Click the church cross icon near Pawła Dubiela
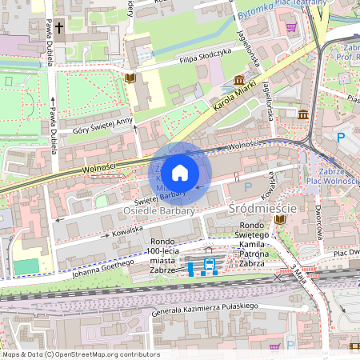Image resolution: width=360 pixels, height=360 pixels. pos(61,26)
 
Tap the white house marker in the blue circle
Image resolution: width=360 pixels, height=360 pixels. pos(180,172)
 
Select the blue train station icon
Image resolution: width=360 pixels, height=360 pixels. pos(210,264)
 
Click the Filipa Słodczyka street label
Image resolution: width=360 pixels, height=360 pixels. pos(205,55)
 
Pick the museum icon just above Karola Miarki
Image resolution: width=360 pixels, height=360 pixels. pos(239,80)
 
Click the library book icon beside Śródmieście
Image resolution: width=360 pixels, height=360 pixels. pos(280,218)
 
